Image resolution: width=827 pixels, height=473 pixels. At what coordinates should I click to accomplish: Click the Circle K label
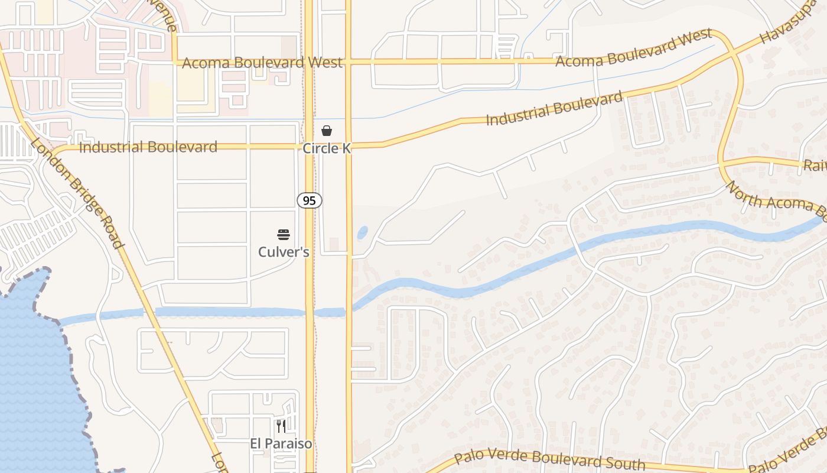(x=327, y=148)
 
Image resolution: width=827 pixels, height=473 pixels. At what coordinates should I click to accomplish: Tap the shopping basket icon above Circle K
(x=327, y=131)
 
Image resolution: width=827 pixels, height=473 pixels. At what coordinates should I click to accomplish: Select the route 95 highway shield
(x=309, y=200)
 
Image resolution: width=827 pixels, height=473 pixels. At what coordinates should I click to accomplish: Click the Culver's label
(x=284, y=252)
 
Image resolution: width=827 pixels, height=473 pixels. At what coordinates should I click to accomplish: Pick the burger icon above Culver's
(x=284, y=235)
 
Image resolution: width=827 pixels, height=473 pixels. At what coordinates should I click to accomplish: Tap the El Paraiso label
(x=281, y=443)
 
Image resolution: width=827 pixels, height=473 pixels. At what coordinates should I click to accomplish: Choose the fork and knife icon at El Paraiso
(x=281, y=426)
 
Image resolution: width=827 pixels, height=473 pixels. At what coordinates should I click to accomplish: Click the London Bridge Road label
(x=77, y=193)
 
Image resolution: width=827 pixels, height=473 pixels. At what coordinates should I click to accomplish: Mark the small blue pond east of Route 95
(x=362, y=232)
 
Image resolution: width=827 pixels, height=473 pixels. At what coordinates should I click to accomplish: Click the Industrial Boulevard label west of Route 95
(x=148, y=147)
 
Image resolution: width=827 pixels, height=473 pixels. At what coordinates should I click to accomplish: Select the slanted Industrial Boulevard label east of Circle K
(x=554, y=108)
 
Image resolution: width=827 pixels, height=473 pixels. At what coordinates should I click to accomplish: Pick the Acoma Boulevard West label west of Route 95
(x=262, y=63)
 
